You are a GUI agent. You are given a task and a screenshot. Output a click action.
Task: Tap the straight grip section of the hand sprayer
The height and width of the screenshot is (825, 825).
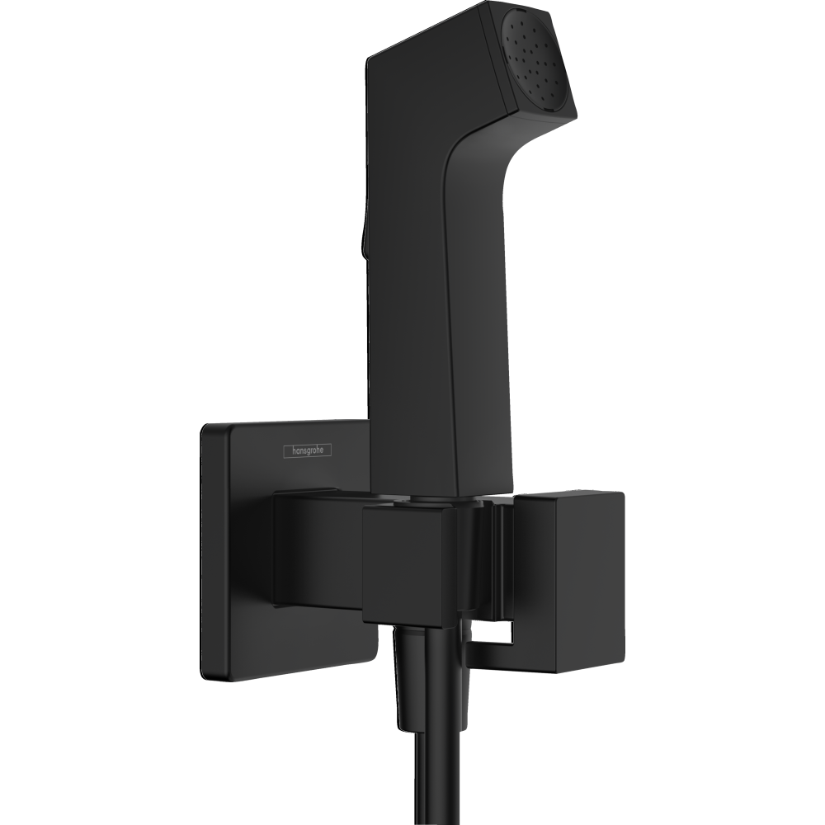click(x=412, y=330)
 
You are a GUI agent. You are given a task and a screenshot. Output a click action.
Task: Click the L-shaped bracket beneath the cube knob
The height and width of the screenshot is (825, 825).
click(x=495, y=656)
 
